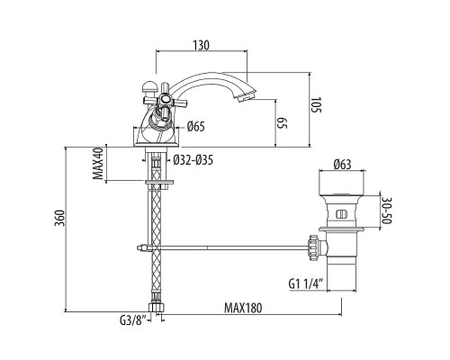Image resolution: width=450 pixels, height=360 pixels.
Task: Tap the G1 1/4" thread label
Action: [x=306, y=284]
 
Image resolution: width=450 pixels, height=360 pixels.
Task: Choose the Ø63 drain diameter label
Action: [x=341, y=164]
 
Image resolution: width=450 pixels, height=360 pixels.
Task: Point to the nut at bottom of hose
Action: [x=158, y=307]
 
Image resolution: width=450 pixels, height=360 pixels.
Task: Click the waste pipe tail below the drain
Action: [x=342, y=270]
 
